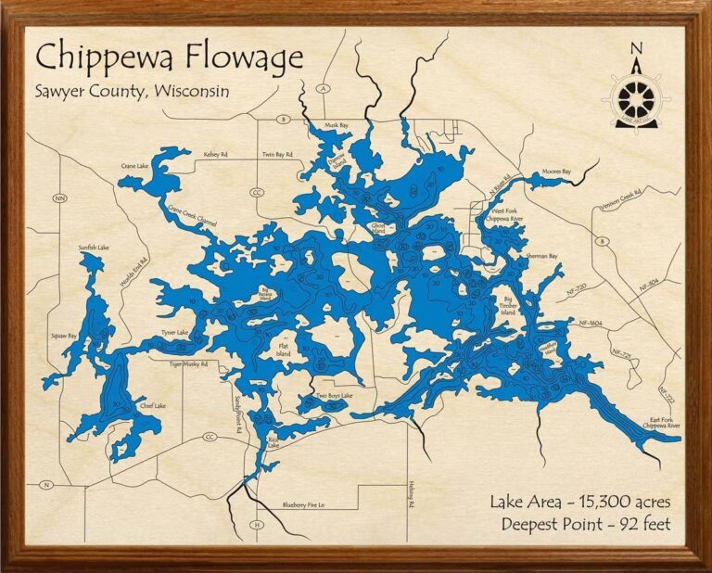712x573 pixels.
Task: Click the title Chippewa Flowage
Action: [x=170, y=58]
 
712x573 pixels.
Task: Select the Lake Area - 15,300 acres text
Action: [x=580, y=502]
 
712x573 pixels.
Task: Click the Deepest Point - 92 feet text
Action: [x=586, y=525]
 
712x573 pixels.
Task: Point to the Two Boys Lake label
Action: [x=334, y=395]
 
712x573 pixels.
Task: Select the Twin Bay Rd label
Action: [x=276, y=154]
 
